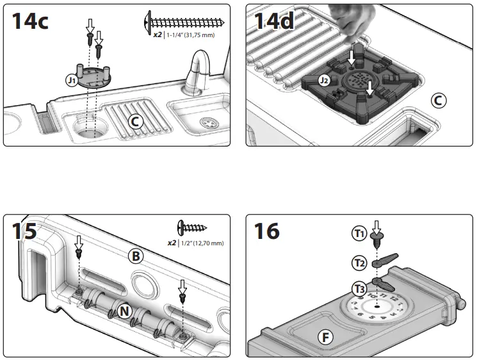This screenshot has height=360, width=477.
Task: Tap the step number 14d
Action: click(x=275, y=21)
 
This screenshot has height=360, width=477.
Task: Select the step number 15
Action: click(x=23, y=231)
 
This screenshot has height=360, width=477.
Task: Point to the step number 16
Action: click(x=267, y=231)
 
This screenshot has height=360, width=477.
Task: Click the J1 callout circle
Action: click(x=72, y=80)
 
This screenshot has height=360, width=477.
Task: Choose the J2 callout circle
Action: click(x=325, y=81)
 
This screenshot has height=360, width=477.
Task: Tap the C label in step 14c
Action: click(x=135, y=122)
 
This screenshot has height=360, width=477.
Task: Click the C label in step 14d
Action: click(x=439, y=100)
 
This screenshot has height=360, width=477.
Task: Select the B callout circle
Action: click(x=135, y=256)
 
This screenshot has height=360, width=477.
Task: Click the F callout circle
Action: click(x=326, y=335)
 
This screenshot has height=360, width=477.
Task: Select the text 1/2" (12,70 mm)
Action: click(x=202, y=243)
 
